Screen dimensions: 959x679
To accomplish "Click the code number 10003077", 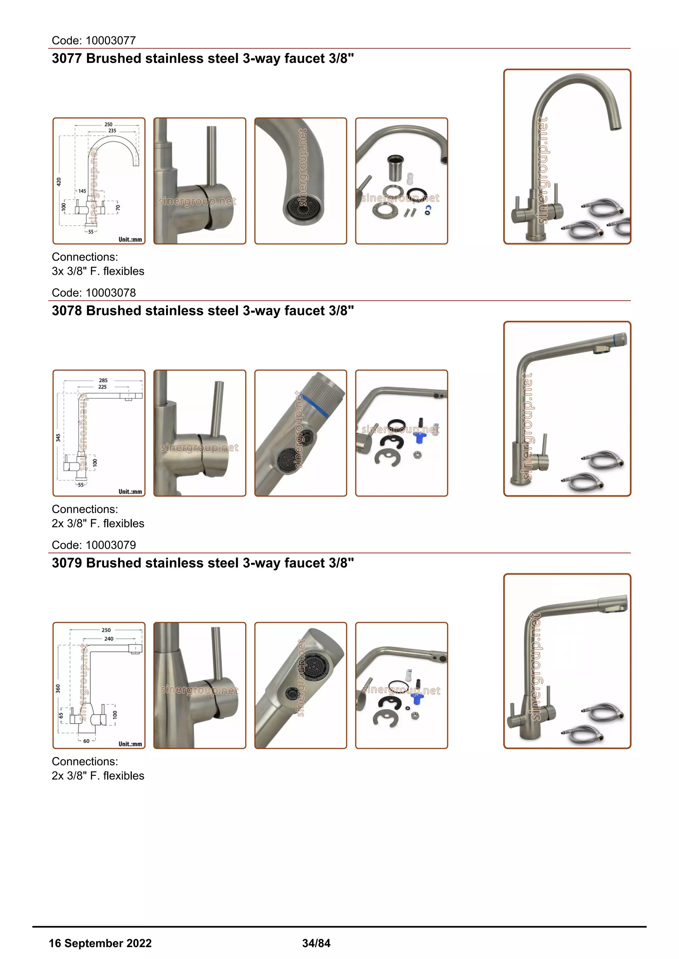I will pos(110,40).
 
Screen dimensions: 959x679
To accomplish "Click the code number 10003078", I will pos(110,293).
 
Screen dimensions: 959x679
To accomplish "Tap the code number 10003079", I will pos(110,545).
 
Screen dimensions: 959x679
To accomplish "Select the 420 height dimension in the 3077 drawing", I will pos(59,182).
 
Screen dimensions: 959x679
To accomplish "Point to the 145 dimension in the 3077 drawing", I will pos(82,191).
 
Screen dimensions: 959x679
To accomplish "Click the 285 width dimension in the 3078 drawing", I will pos(103,380).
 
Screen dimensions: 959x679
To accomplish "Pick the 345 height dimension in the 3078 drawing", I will pos(58,437).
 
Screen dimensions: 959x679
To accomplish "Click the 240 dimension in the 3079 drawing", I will pos(109,639).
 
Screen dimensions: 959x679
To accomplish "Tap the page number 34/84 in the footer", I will pos(316,943).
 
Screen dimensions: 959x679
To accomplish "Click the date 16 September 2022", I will pos(100,943).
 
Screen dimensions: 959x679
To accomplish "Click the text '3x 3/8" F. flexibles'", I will pos(98,271).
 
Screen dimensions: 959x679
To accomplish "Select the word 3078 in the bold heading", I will pos(67,311).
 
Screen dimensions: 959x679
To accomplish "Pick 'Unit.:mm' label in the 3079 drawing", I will pos(130,744).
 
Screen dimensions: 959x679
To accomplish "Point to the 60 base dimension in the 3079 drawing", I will pos(86,741).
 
